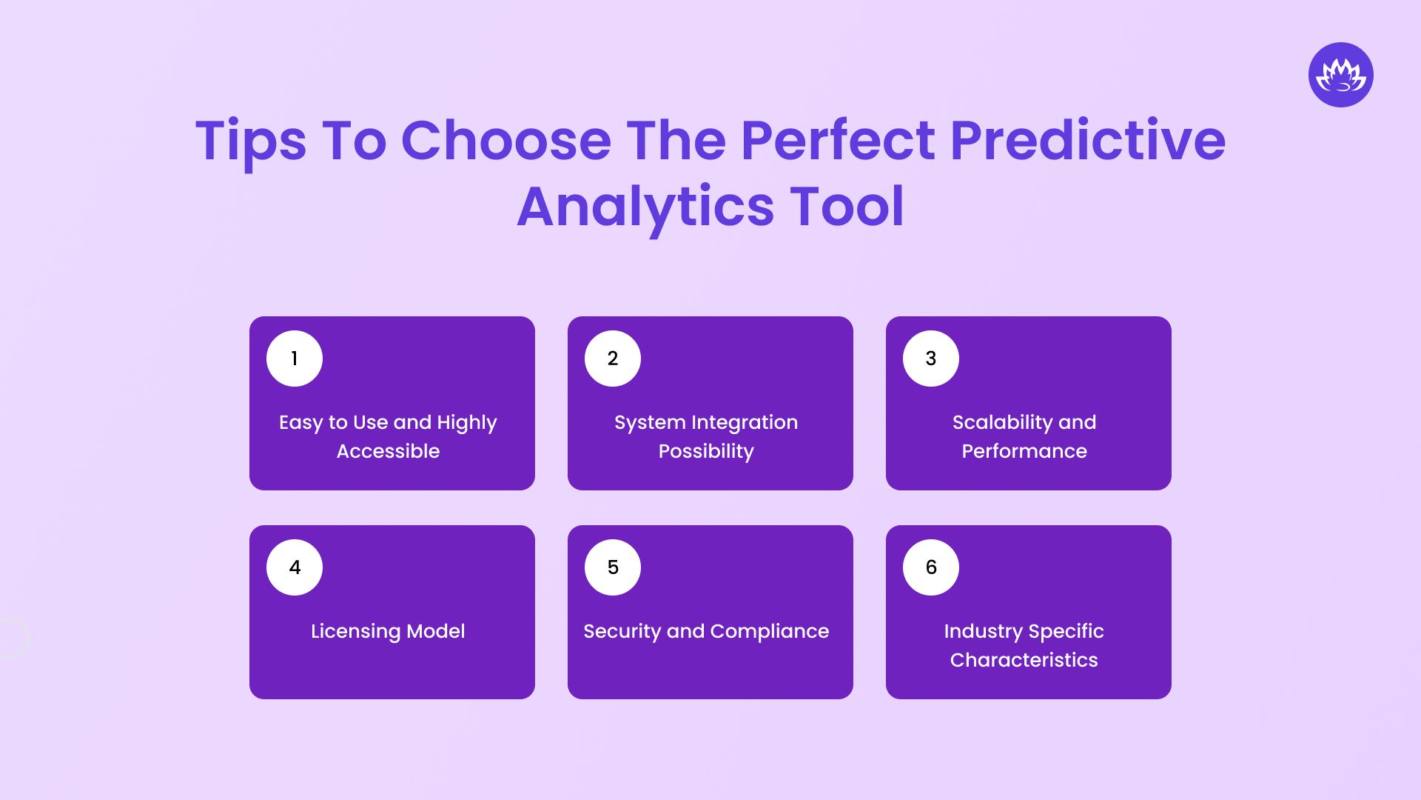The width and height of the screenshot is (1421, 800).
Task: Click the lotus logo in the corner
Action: tap(1340, 75)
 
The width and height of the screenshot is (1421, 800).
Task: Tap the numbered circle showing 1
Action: tap(295, 359)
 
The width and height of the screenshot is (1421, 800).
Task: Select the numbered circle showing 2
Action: tap(613, 359)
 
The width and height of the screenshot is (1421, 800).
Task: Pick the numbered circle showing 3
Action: tap(931, 359)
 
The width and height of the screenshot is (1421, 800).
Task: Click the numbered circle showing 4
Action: tap(295, 567)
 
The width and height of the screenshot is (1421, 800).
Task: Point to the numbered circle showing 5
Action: tap(613, 567)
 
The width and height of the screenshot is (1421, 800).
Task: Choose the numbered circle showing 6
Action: tap(931, 567)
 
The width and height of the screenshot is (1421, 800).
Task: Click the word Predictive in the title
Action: tap(1087, 140)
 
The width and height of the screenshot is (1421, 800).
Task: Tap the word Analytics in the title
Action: tap(645, 207)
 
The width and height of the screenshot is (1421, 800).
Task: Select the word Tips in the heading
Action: tap(250, 140)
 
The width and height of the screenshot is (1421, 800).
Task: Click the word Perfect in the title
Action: tap(837, 140)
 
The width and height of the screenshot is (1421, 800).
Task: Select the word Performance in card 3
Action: tap(1024, 451)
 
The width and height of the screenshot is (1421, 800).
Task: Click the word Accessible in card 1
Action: tap(388, 451)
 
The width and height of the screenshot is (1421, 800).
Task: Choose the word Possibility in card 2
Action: tap(706, 451)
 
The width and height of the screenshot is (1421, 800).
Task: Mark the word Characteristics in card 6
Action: tap(1024, 660)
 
